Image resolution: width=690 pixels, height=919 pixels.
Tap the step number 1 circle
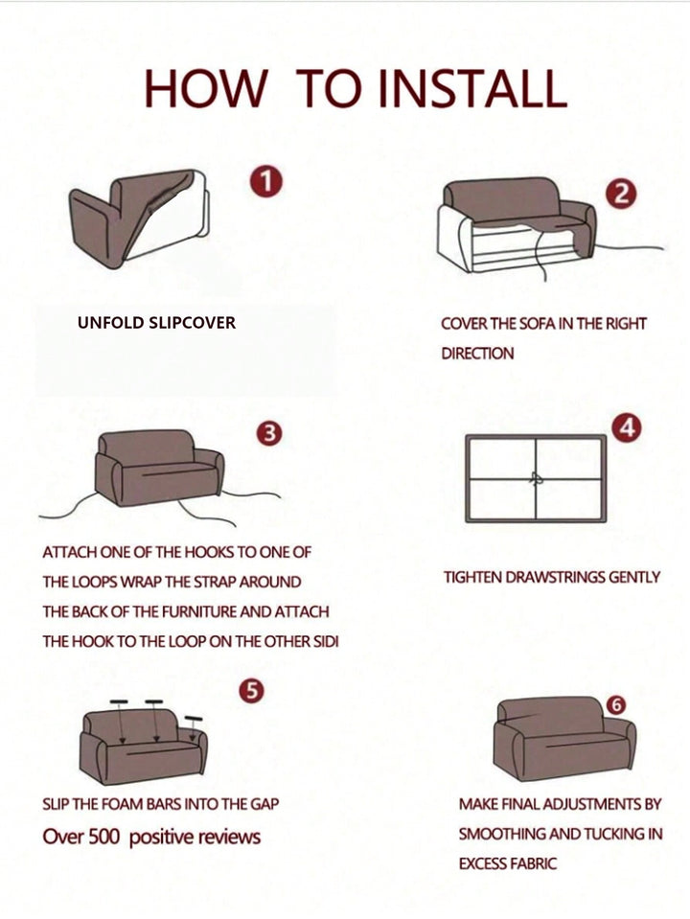[x=266, y=181]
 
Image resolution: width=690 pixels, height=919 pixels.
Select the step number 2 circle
[x=621, y=193]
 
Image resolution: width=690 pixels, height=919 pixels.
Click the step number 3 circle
[x=269, y=434]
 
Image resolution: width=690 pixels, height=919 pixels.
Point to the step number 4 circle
[x=626, y=428]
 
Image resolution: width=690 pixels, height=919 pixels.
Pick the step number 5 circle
[x=251, y=691]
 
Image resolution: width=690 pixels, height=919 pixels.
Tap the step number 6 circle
[x=616, y=705]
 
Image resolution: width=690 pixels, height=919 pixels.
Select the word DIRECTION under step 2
[x=477, y=354]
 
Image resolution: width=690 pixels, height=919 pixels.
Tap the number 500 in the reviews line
[x=103, y=837]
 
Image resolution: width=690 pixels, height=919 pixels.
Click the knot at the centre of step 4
[x=536, y=478]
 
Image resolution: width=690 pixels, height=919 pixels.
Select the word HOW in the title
[x=204, y=88]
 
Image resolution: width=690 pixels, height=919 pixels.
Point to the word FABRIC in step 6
[x=532, y=863]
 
